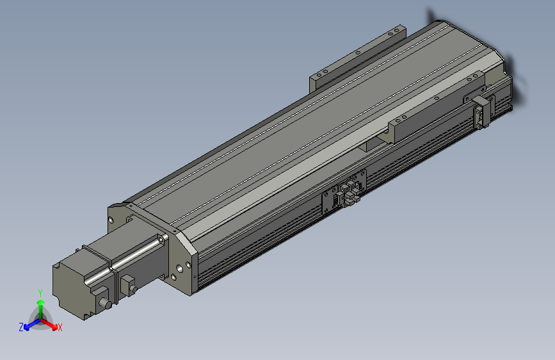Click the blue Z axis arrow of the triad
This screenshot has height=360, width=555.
point(29,325)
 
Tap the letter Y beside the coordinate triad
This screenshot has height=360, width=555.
point(40,292)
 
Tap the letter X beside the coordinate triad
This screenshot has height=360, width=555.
point(60,327)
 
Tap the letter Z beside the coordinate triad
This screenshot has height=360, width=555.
point(21,327)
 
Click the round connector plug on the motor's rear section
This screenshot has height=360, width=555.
point(102,304)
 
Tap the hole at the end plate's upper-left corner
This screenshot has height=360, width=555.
point(113,219)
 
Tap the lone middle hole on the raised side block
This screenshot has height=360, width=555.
point(436,99)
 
